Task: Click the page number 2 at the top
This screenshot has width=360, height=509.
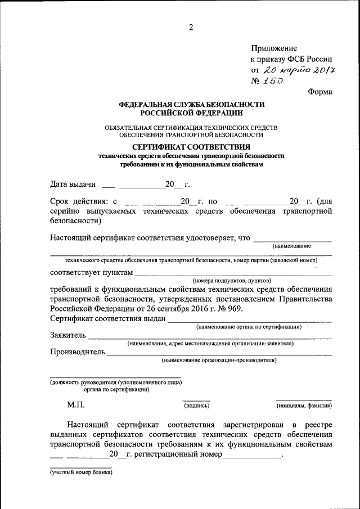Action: tap(191, 28)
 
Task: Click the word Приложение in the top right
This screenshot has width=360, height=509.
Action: tap(273, 48)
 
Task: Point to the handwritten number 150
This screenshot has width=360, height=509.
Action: tap(274, 81)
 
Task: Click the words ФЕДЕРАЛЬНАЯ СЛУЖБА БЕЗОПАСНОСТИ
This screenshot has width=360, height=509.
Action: tap(191, 105)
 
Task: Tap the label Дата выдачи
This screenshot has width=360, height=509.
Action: tap(73, 184)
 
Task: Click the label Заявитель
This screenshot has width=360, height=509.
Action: tap(68, 336)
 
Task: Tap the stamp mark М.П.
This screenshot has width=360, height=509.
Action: tap(75, 404)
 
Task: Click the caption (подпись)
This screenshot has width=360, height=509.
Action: tap(196, 405)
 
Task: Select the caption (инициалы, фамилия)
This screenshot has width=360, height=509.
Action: tap(303, 405)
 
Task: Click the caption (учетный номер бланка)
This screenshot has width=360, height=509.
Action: tap(81, 472)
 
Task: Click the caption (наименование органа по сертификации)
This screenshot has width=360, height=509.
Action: tap(249, 327)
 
